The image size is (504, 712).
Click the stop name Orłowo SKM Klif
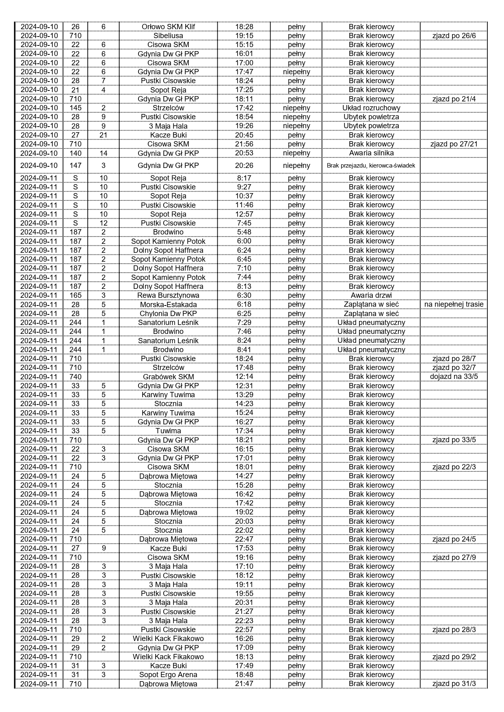pyautogui.click(x=168, y=27)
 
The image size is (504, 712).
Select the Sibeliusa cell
pyautogui.click(x=168, y=36)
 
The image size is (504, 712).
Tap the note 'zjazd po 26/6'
pyautogui.click(x=454, y=36)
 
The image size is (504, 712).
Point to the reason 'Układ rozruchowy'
pyautogui.click(x=371, y=108)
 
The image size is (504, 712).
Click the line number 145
pyautogui.click(x=76, y=108)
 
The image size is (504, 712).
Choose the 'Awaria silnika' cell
pyautogui.click(x=371, y=153)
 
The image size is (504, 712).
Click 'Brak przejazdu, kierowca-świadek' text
pyautogui.click(x=371, y=166)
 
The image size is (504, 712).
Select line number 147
pyautogui.click(x=76, y=166)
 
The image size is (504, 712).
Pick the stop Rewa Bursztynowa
pyautogui.click(x=168, y=295)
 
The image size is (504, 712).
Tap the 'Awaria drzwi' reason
pyautogui.click(x=371, y=295)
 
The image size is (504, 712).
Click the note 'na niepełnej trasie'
pyautogui.click(x=454, y=304)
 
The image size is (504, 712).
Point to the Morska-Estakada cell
pyautogui.click(x=168, y=304)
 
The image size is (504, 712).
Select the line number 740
pyautogui.click(x=76, y=376)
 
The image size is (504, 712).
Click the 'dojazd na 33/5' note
pyautogui.click(x=454, y=376)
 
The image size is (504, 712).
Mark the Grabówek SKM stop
pyautogui.click(x=168, y=376)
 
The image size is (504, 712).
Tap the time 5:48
pyautogui.click(x=244, y=232)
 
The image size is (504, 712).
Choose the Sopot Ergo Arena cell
pyautogui.click(x=168, y=675)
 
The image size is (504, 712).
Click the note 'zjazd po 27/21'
pyautogui.click(x=454, y=144)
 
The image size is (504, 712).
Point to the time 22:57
pyautogui.click(x=244, y=630)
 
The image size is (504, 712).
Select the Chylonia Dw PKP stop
pyautogui.click(x=168, y=313)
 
